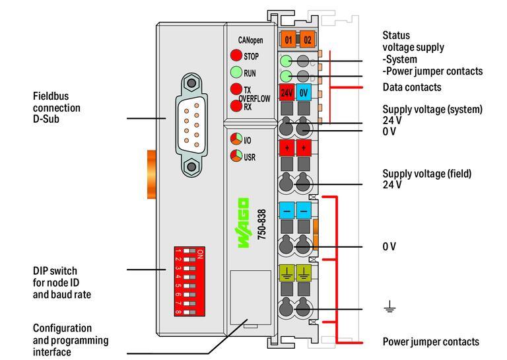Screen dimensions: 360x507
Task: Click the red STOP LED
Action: (x=236, y=56)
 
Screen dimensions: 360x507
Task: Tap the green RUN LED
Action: (x=236, y=73)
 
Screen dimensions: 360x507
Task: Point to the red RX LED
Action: (x=236, y=106)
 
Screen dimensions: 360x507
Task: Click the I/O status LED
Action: (x=236, y=140)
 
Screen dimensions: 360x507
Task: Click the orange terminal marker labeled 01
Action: (x=288, y=40)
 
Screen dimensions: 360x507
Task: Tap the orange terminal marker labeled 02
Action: (x=307, y=40)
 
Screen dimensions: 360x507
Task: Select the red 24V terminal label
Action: (x=287, y=93)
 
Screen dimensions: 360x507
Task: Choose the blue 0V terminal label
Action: (x=304, y=93)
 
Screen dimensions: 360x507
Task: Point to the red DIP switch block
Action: (x=189, y=277)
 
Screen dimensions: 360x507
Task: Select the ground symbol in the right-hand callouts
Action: (x=389, y=306)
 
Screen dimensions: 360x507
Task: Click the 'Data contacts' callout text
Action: (x=412, y=87)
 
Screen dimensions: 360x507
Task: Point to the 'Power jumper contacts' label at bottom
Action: (x=430, y=342)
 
